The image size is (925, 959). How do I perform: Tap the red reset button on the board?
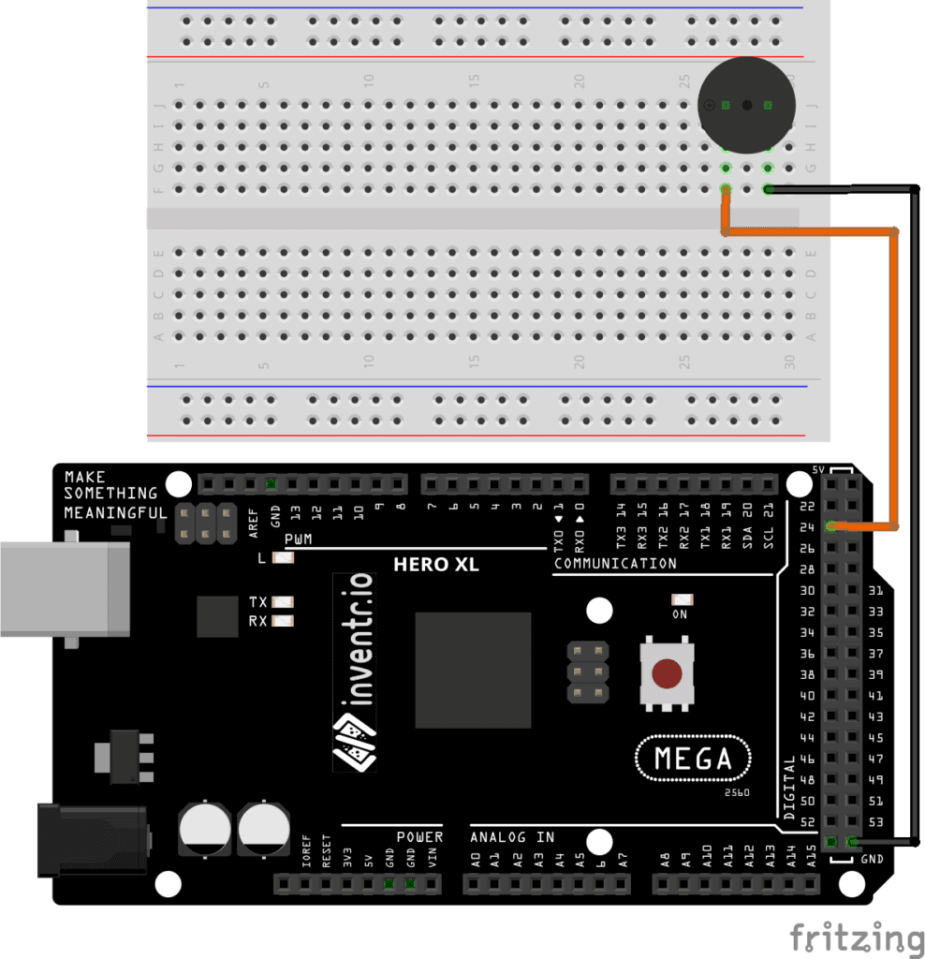click(x=667, y=672)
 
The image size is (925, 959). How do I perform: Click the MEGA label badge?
click(x=694, y=757)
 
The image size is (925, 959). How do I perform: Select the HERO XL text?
click(x=435, y=565)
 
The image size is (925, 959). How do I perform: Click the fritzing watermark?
click(x=856, y=937)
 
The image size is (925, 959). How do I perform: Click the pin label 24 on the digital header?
click(x=806, y=527)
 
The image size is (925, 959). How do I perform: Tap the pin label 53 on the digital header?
click(x=875, y=821)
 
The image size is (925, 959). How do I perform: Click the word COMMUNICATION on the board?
click(x=614, y=564)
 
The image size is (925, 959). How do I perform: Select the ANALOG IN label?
click(x=512, y=836)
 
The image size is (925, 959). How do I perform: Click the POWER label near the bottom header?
click(x=418, y=836)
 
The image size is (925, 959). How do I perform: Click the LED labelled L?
click(x=282, y=558)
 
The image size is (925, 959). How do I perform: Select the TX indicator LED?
click(x=282, y=602)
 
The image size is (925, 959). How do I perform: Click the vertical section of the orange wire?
click(x=895, y=375)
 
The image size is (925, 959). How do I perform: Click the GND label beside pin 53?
click(x=872, y=858)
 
